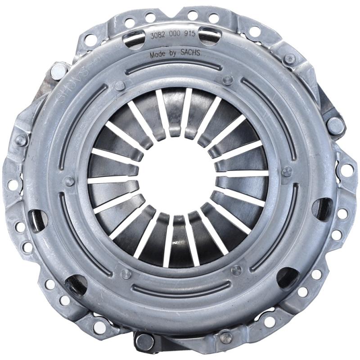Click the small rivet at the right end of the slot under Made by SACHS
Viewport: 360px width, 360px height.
[228, 81]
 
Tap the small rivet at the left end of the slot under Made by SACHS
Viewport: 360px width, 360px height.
[120, 85]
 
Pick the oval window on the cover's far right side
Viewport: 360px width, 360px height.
[321, 207]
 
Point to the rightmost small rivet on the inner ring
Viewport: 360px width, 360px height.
[287, 171]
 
